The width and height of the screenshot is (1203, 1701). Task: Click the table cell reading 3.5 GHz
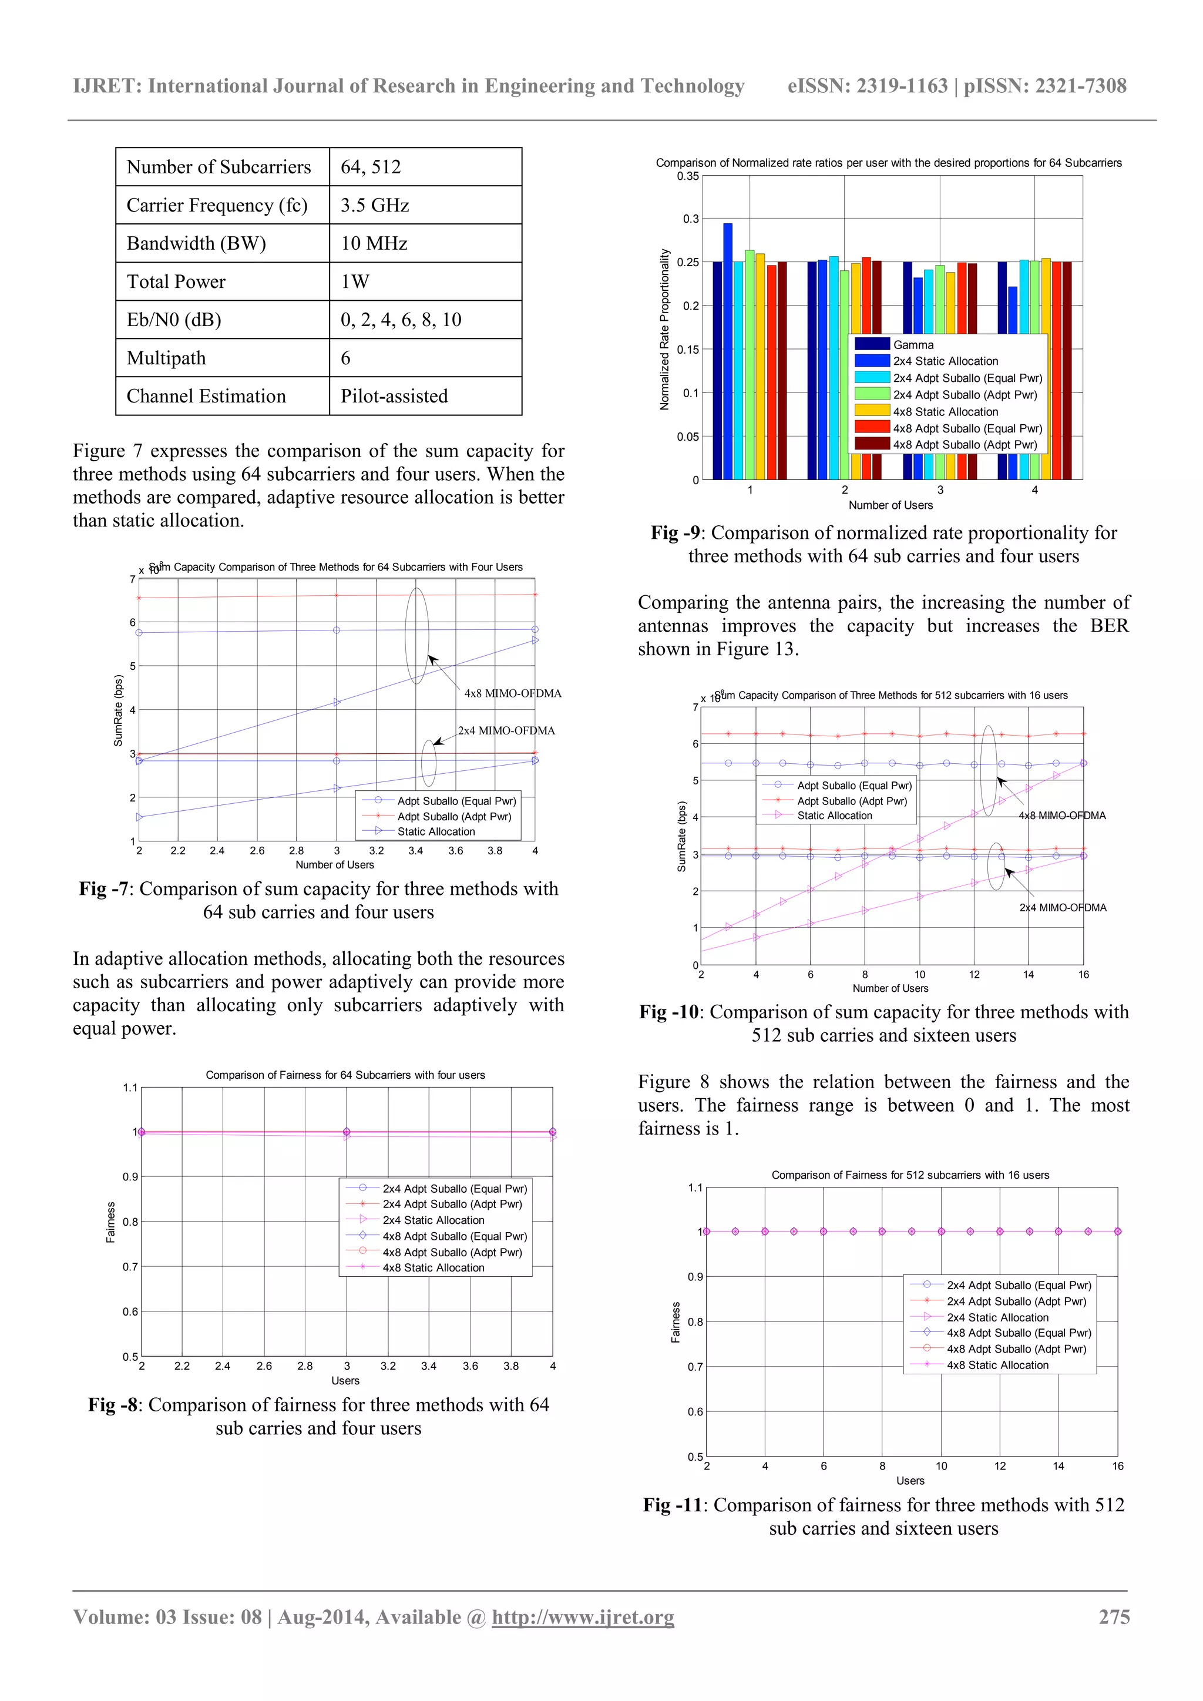[375, 205]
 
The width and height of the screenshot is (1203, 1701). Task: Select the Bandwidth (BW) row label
[196, 244]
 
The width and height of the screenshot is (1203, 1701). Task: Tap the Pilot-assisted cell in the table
[394, 397]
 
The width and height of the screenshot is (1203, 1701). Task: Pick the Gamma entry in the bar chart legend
[913, 344]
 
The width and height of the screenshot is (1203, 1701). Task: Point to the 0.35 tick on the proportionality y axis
[687, 176]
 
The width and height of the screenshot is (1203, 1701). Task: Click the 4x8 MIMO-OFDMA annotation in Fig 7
[513, 693]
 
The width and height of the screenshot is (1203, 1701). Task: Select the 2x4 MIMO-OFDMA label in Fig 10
[1062, 908]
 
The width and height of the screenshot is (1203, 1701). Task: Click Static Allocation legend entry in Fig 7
[436, 831]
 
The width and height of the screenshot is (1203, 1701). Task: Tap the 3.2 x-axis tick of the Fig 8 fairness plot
[388, 1366]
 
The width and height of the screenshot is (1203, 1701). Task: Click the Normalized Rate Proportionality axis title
[664, 330]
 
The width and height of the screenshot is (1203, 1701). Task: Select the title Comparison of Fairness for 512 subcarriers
[910, 1175]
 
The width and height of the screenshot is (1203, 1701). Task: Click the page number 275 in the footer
[1113, 1616]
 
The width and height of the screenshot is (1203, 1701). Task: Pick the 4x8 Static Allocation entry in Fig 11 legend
[997, 1365]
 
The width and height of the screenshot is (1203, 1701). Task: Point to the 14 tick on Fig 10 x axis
[1028, 975]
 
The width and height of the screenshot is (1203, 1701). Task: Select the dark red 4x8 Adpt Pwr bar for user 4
[1067, 370]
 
